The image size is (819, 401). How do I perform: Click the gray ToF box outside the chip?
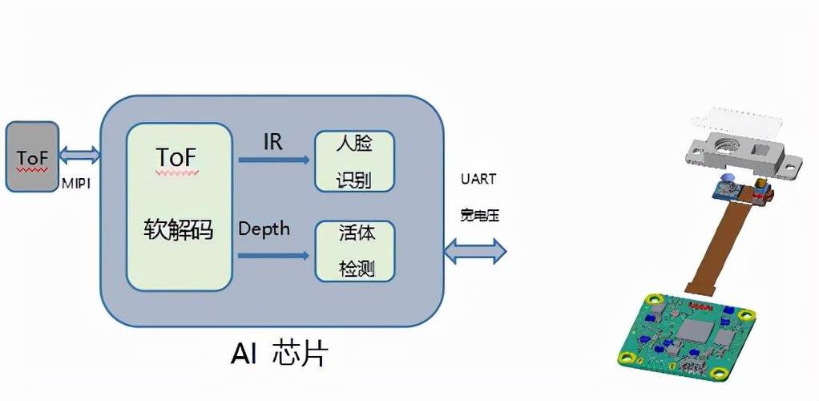click(x=32, y=156)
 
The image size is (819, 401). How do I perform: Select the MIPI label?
click(x=76, y=184)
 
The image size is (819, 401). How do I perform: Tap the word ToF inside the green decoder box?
click(x=175, y=157)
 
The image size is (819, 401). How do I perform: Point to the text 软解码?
click(x=179, y=230)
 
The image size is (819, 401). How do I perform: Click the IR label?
click(x=272, y=141)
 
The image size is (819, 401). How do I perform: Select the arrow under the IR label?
click(x=273, y=160)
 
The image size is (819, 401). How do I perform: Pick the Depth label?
click(x=264, y=229)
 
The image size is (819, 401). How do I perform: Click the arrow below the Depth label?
click(x=273, y=255)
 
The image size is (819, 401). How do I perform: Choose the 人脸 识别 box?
click(x=354, y=161)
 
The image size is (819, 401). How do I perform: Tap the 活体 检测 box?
click(x=355, y=250)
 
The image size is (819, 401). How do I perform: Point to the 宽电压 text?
click(x=478, y=215)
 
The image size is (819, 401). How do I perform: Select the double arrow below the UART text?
click(x=475, y=252)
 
